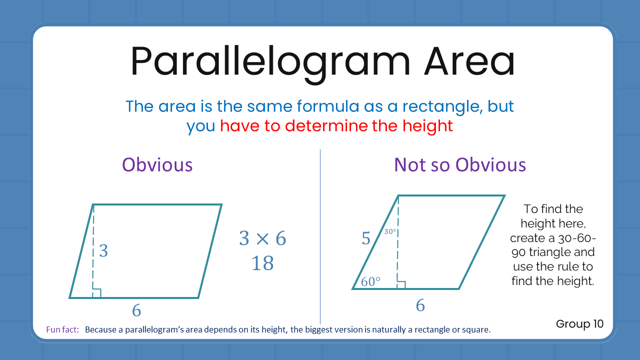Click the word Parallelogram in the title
pos(270,61)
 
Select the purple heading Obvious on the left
pos(157,164)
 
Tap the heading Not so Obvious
pos(460,164)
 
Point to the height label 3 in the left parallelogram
pos(103,250)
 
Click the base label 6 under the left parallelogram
pos(136,311)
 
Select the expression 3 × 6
pos(262,239)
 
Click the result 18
pos(262,263)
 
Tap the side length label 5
pos(366,239)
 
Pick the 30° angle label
pos(390,231)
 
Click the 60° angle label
pos(370,282)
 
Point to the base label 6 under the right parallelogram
pos(420,305)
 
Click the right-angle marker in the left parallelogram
pos(97,293)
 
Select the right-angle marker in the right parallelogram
pos(401,284)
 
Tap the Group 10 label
pos(579,324)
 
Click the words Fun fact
pos(62,330)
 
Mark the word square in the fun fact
pos(477,330)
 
